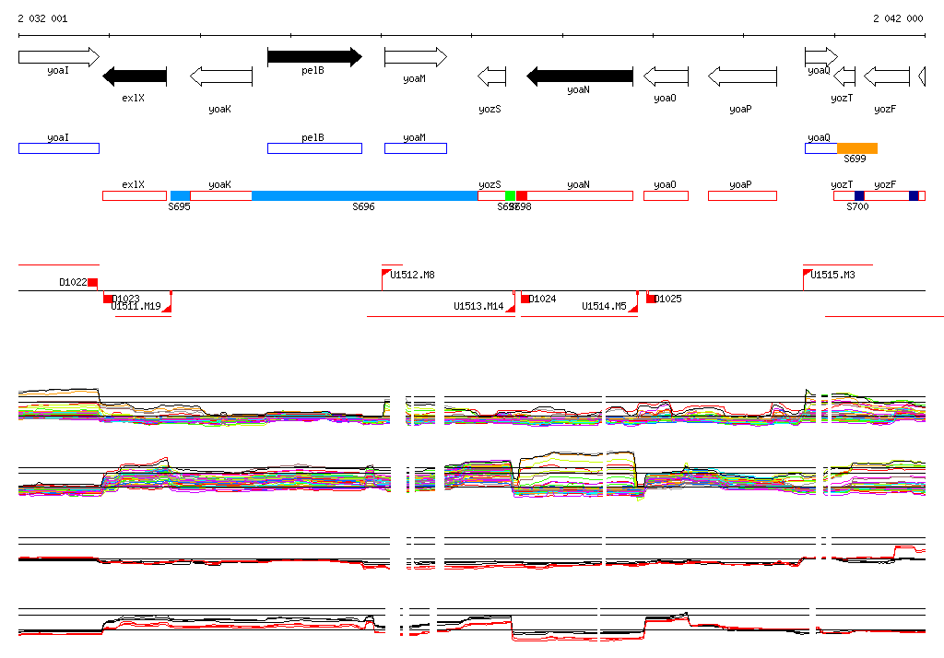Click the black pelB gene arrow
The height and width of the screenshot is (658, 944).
(x=314, y=57)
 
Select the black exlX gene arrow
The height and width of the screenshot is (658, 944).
(x=135, y=76)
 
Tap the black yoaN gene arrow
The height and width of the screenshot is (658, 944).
(x=580, y=76)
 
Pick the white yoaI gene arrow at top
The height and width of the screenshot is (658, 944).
(x=58, y=57)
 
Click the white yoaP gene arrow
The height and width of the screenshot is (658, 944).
(x=742, y=76)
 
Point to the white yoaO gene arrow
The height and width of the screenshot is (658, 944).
(x=666, y=76)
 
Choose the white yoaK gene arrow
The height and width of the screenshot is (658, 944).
(x=220, y=76)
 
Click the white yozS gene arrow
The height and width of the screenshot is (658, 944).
(x=491, y=76)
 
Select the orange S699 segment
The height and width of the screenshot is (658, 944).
(x=857, y=148)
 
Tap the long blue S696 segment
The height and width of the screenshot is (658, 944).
(x=364, y=195)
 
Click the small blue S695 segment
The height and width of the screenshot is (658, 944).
(x=180, y=195)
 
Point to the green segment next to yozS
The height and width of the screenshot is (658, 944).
(x=510, y=195)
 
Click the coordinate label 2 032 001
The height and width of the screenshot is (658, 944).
(x=42, y=18)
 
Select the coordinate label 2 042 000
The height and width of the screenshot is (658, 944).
(x=898, y=18)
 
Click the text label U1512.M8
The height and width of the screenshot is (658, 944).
(x=413, y=275)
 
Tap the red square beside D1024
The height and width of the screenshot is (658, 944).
(x=525, y=299)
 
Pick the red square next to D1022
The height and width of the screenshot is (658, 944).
(x=92, y=282)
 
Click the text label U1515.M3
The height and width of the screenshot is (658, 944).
(x=833, y=275)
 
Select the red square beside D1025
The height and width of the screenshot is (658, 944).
(x=651, y=299)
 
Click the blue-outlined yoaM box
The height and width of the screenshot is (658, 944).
(x=415, y=148)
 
